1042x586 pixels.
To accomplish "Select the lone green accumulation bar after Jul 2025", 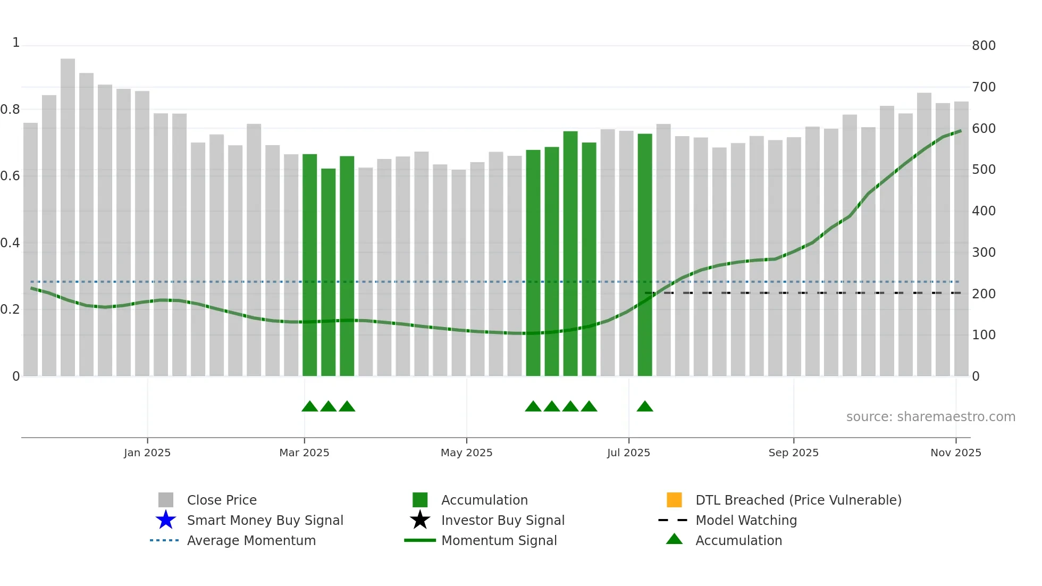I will click(645, 255).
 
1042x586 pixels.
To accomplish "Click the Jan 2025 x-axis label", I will click(147, 453).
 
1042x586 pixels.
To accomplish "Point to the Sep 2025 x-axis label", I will click(793, 453).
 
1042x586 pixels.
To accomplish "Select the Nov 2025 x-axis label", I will click(955, 453).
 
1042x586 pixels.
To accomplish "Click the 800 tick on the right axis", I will click(984, 46).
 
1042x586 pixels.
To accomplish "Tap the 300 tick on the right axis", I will click(984, 253).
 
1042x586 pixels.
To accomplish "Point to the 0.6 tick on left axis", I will click(10, 176).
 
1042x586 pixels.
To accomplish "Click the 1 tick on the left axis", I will click(16, 43).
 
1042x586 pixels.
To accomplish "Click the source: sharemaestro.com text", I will click(930, 417).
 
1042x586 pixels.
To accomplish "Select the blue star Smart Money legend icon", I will click(166, 520).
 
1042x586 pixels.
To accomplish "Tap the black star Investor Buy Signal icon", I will click(420, 520).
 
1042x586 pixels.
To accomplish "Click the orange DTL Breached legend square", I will click(674, 500).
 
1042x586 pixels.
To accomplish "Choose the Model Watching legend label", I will click(746, 520).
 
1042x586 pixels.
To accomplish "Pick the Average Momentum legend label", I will click(251, 540).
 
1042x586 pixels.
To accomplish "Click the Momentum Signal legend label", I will click(499, 540).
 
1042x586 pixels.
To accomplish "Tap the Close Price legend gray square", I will click(166, 500).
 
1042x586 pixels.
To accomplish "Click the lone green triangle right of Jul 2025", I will click(645, 407).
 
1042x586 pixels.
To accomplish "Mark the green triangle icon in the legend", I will click(674, 539).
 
